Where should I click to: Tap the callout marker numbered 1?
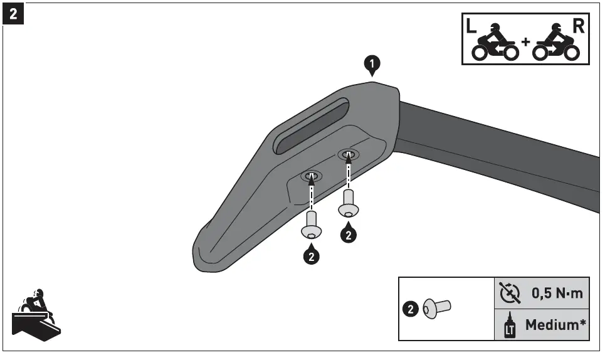[x=372, y=63]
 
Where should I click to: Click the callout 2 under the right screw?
[x=349, y=235]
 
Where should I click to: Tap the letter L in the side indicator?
[x=471, y=27]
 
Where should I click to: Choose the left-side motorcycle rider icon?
[x=495, y=44]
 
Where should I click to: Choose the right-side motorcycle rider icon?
[x=555, y=44]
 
